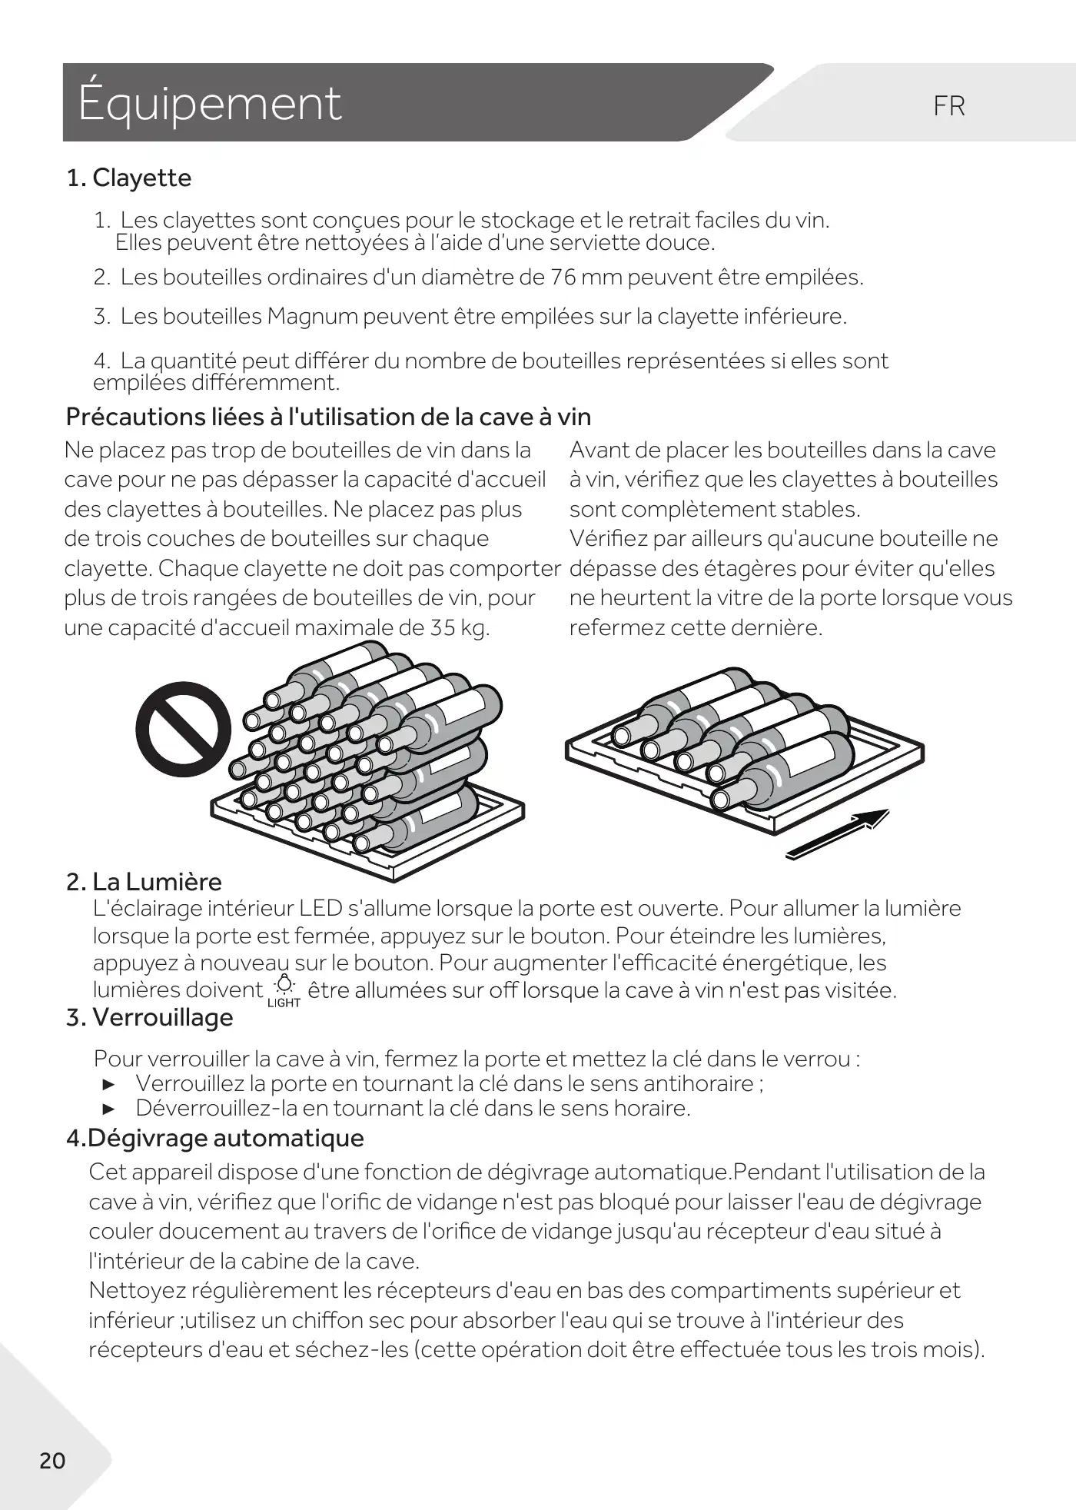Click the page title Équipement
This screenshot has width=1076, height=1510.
[x=209, y=103]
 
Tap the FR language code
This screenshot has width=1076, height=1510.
[x=948, y=106]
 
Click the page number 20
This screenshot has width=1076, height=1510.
[x=52, y=1460]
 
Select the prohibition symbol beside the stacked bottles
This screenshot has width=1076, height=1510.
[x=183, y=730]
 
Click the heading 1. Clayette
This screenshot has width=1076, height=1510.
[x=128, y=178]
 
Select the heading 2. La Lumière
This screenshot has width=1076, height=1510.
[x=144, y=881]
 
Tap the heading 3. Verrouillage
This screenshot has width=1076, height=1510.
[x=149, y=1017]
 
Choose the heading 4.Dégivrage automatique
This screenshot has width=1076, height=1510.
[x=214, y=1137]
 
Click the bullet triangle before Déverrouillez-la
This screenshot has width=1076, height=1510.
[x=108, y=1109]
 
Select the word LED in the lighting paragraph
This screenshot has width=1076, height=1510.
[x=320, y=908]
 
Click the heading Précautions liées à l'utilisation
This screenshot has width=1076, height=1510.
[x=328, y=417]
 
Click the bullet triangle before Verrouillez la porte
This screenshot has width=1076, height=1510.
[x=108, y=1084]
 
